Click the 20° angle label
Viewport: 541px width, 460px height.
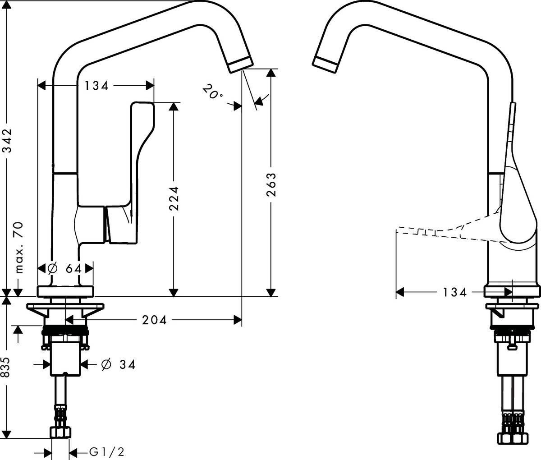point(213,92)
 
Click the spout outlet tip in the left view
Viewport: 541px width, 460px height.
point(241,64)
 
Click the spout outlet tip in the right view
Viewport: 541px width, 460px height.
point(325,64)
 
